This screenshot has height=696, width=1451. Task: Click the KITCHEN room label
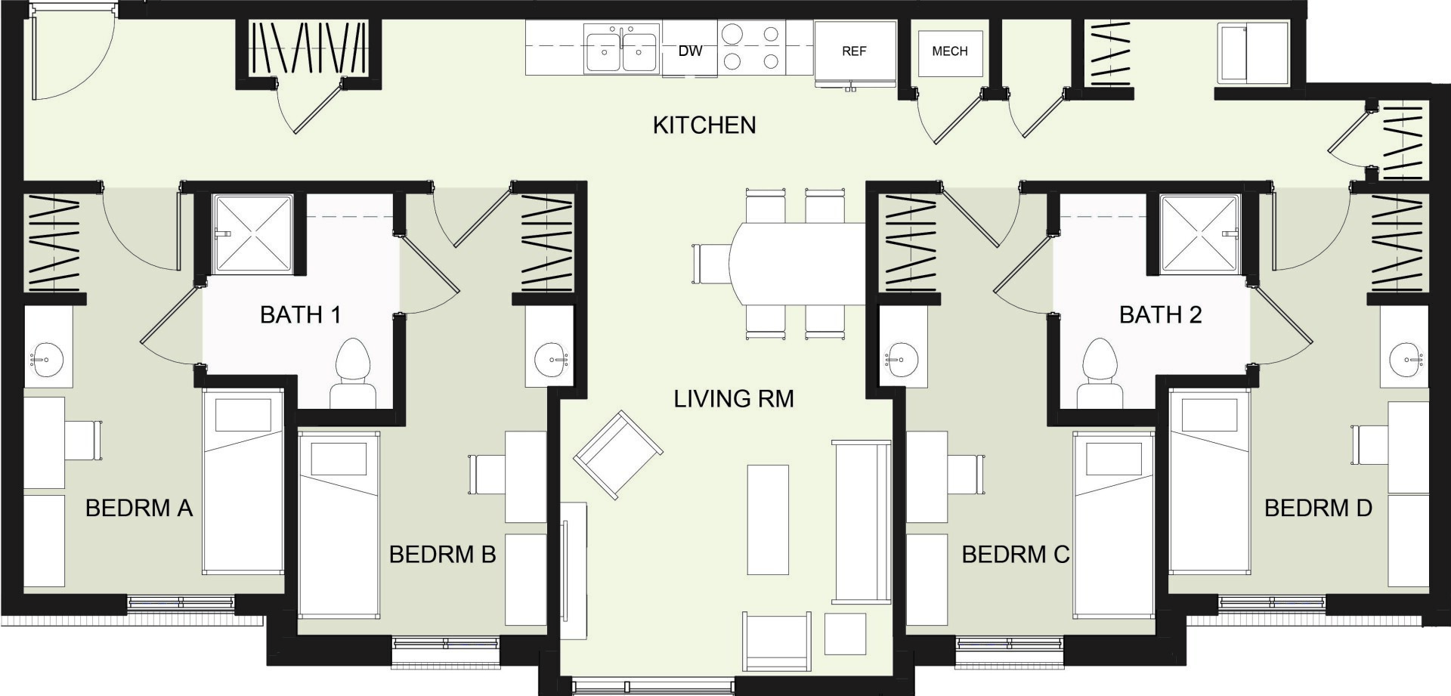point(704,125)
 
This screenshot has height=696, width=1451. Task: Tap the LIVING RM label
point(734,398)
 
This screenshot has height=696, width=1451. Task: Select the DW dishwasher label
point(690,51)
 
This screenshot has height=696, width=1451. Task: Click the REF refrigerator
point(855,51)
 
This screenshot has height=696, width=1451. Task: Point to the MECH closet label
point(950,51)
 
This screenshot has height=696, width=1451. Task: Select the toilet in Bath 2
point(1100,373)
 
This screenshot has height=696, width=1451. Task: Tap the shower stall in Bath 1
point(252,234)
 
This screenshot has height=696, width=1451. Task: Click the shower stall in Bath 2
point(1200,234)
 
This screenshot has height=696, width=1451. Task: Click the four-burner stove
point(751,47)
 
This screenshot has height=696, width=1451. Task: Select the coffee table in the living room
point(768,520)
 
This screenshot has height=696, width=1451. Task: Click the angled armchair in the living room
point(618,455)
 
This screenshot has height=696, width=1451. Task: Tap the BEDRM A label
point(139,508)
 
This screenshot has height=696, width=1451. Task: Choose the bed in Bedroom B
point(339,524)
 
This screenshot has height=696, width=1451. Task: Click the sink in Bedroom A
point(47,359)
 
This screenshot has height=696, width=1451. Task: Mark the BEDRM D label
point(1318,508)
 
